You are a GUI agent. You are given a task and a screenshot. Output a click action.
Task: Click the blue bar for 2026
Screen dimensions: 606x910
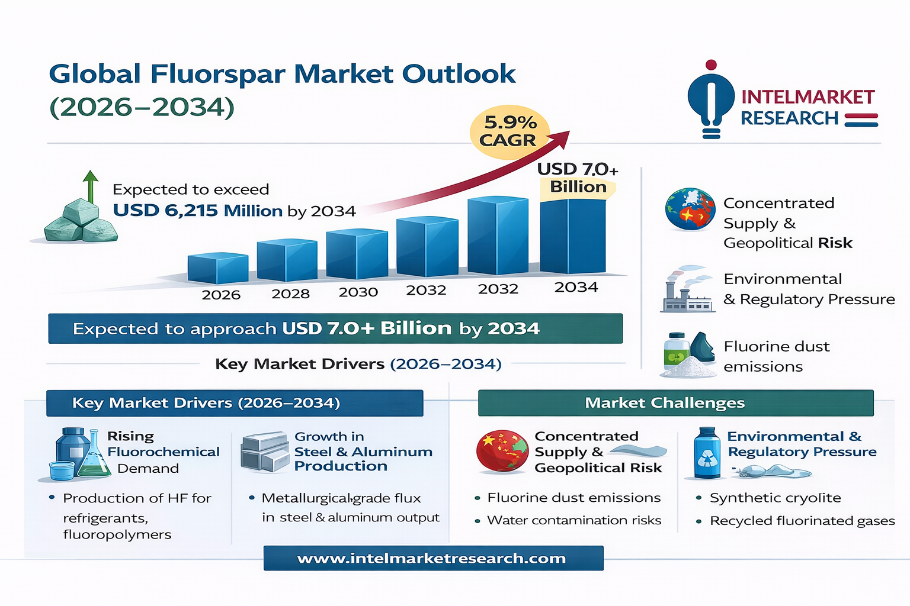(x=217, y=269)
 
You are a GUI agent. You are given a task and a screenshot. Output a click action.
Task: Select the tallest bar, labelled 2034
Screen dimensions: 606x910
(x=573, y=236)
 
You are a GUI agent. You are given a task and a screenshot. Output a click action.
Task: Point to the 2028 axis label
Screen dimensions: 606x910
(x=290, y=294)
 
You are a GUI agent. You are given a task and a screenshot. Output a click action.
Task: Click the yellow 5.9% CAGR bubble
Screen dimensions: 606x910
(x=509, y=131)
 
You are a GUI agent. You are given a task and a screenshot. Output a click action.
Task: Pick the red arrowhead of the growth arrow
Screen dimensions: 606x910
(x=560, y=140)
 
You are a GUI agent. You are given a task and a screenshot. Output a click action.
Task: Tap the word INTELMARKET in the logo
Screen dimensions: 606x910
(x=808, y=97)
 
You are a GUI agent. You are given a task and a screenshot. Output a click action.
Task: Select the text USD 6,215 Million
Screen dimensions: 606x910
(x=197, y=211)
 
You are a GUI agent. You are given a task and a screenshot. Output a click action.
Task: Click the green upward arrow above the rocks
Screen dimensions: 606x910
(x=90, y=186)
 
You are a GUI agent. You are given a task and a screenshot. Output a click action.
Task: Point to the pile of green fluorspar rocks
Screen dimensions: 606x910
(x=81, y=223)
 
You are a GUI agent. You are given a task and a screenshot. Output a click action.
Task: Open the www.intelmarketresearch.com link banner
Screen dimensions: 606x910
(x=432, y=558)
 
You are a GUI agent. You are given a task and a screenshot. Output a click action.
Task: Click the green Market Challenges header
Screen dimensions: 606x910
(x=675, y=403)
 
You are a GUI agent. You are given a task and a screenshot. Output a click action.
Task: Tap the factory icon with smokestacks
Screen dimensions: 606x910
(x=686, y=291)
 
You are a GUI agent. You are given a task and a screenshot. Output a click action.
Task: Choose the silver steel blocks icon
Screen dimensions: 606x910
(x=264, y=452)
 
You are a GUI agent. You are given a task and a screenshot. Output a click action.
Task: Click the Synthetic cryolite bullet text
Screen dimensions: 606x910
(x=775, y=498)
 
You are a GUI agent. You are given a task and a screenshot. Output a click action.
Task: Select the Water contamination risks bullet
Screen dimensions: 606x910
(x=573, y=520)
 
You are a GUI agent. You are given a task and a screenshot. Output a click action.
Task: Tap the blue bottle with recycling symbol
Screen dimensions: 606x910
(x=707, y=454)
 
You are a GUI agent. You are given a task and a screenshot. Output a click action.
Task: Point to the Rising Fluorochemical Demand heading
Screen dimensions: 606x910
(x=163, y=452)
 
